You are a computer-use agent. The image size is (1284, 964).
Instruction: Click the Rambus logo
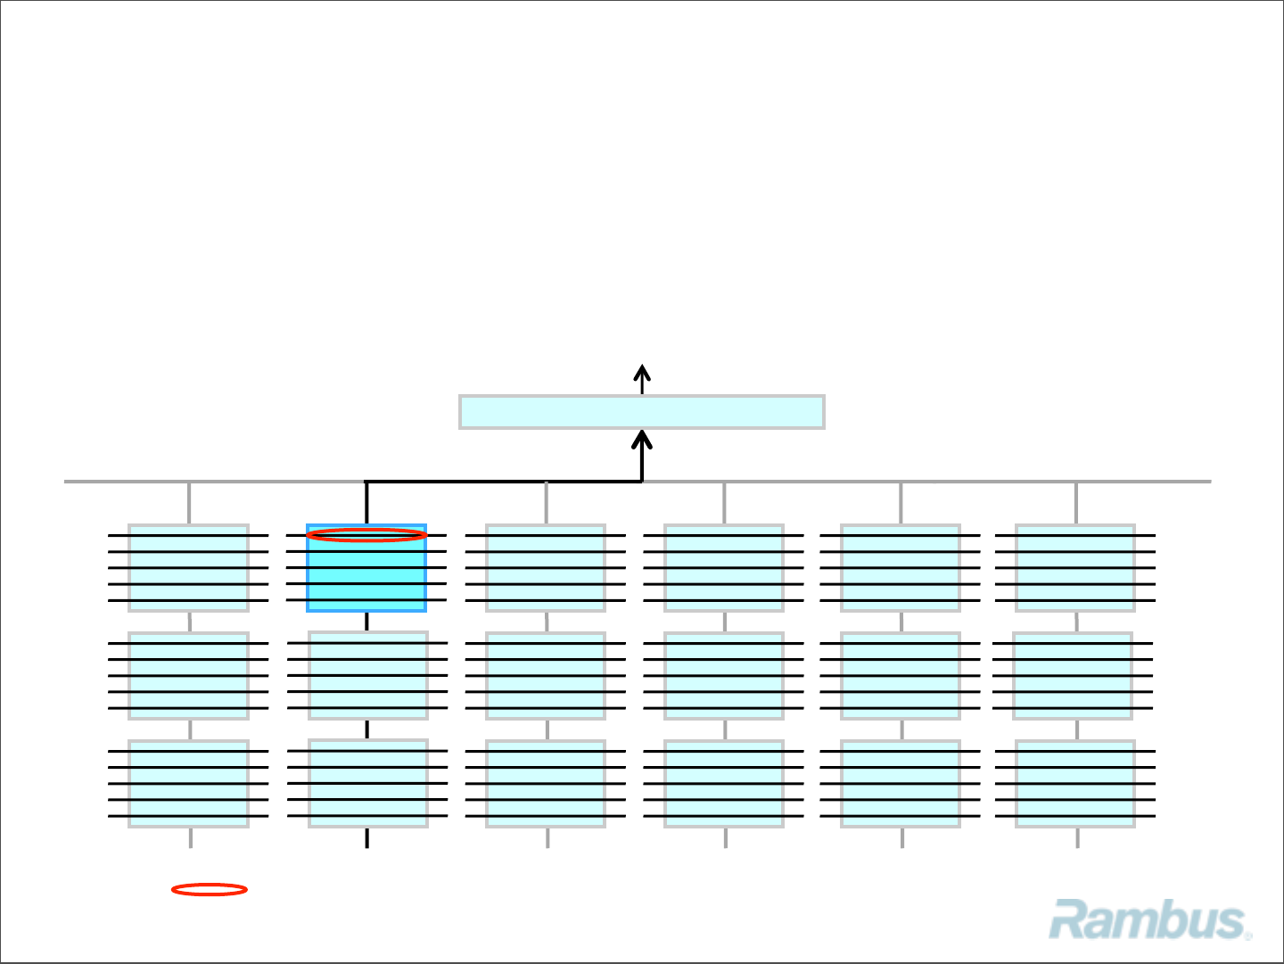tap(1148, 920)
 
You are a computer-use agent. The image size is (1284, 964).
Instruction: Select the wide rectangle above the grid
tap(641, 412)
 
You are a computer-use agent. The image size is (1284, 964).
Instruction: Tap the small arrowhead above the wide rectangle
tap(642, 372)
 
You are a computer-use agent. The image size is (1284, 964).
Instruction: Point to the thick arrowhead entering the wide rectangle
tap(642, 439)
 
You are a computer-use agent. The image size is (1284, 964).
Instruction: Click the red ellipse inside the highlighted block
tap(366, 535)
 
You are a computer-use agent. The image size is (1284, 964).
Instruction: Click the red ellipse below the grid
tap(210, 889)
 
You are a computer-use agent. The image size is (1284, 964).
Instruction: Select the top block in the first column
tap(188, 568)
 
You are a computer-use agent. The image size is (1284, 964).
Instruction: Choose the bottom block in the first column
tap(188, 784)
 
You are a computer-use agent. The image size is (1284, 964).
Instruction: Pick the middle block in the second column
tap(367, 675)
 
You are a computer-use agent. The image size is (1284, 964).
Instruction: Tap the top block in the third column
tap(546, 568)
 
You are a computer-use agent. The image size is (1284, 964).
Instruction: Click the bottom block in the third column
tap(546, 784)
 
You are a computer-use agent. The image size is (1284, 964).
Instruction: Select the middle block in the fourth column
tap(724, 676)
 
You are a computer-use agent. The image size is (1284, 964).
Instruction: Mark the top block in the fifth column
tap(901, 568)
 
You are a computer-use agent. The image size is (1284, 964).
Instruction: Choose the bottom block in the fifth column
tap(901, 784)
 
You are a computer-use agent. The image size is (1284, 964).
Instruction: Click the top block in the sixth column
tap(1075, 568)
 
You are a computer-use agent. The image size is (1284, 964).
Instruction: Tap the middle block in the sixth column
tap(1073, 676)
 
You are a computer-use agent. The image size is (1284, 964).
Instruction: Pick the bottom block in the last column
tap(1075, 784)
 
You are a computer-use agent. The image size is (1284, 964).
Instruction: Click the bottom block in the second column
tap(367, 783)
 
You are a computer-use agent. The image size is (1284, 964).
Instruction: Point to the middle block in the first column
tap(188, 676)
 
